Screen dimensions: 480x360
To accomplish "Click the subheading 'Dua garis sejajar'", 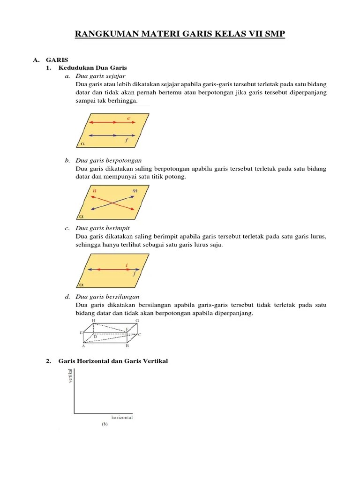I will pyautogui.click(x=100, y=76).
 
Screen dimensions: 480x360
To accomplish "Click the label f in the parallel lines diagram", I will pyautogui.click(x=127, y=140).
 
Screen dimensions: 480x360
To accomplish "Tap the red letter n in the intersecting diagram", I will pyautogui.click(x=95, y=191).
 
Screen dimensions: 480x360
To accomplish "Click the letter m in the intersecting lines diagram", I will pyautogui.click(x=135, y=191).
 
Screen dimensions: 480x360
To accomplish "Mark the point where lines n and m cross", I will pyautogui.click(x=113, y=202).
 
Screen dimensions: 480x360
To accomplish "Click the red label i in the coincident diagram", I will pyautogui.click(x=127, y=265).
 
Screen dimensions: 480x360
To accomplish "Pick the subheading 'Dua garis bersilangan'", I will pyautogui.click(x=107, y=297).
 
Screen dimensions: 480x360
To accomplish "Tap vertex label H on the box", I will pyautogui.click(x=94, y=321).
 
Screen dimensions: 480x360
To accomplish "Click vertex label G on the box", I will pyautogui.click(x=137, y=321).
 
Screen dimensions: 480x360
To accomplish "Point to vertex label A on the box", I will pyautogui.click(x=83, y=346).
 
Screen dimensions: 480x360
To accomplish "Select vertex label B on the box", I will pyautogui.click(x=127, y=346).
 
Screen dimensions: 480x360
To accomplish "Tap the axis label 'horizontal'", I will pyautogui.click(x=122, y=417).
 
